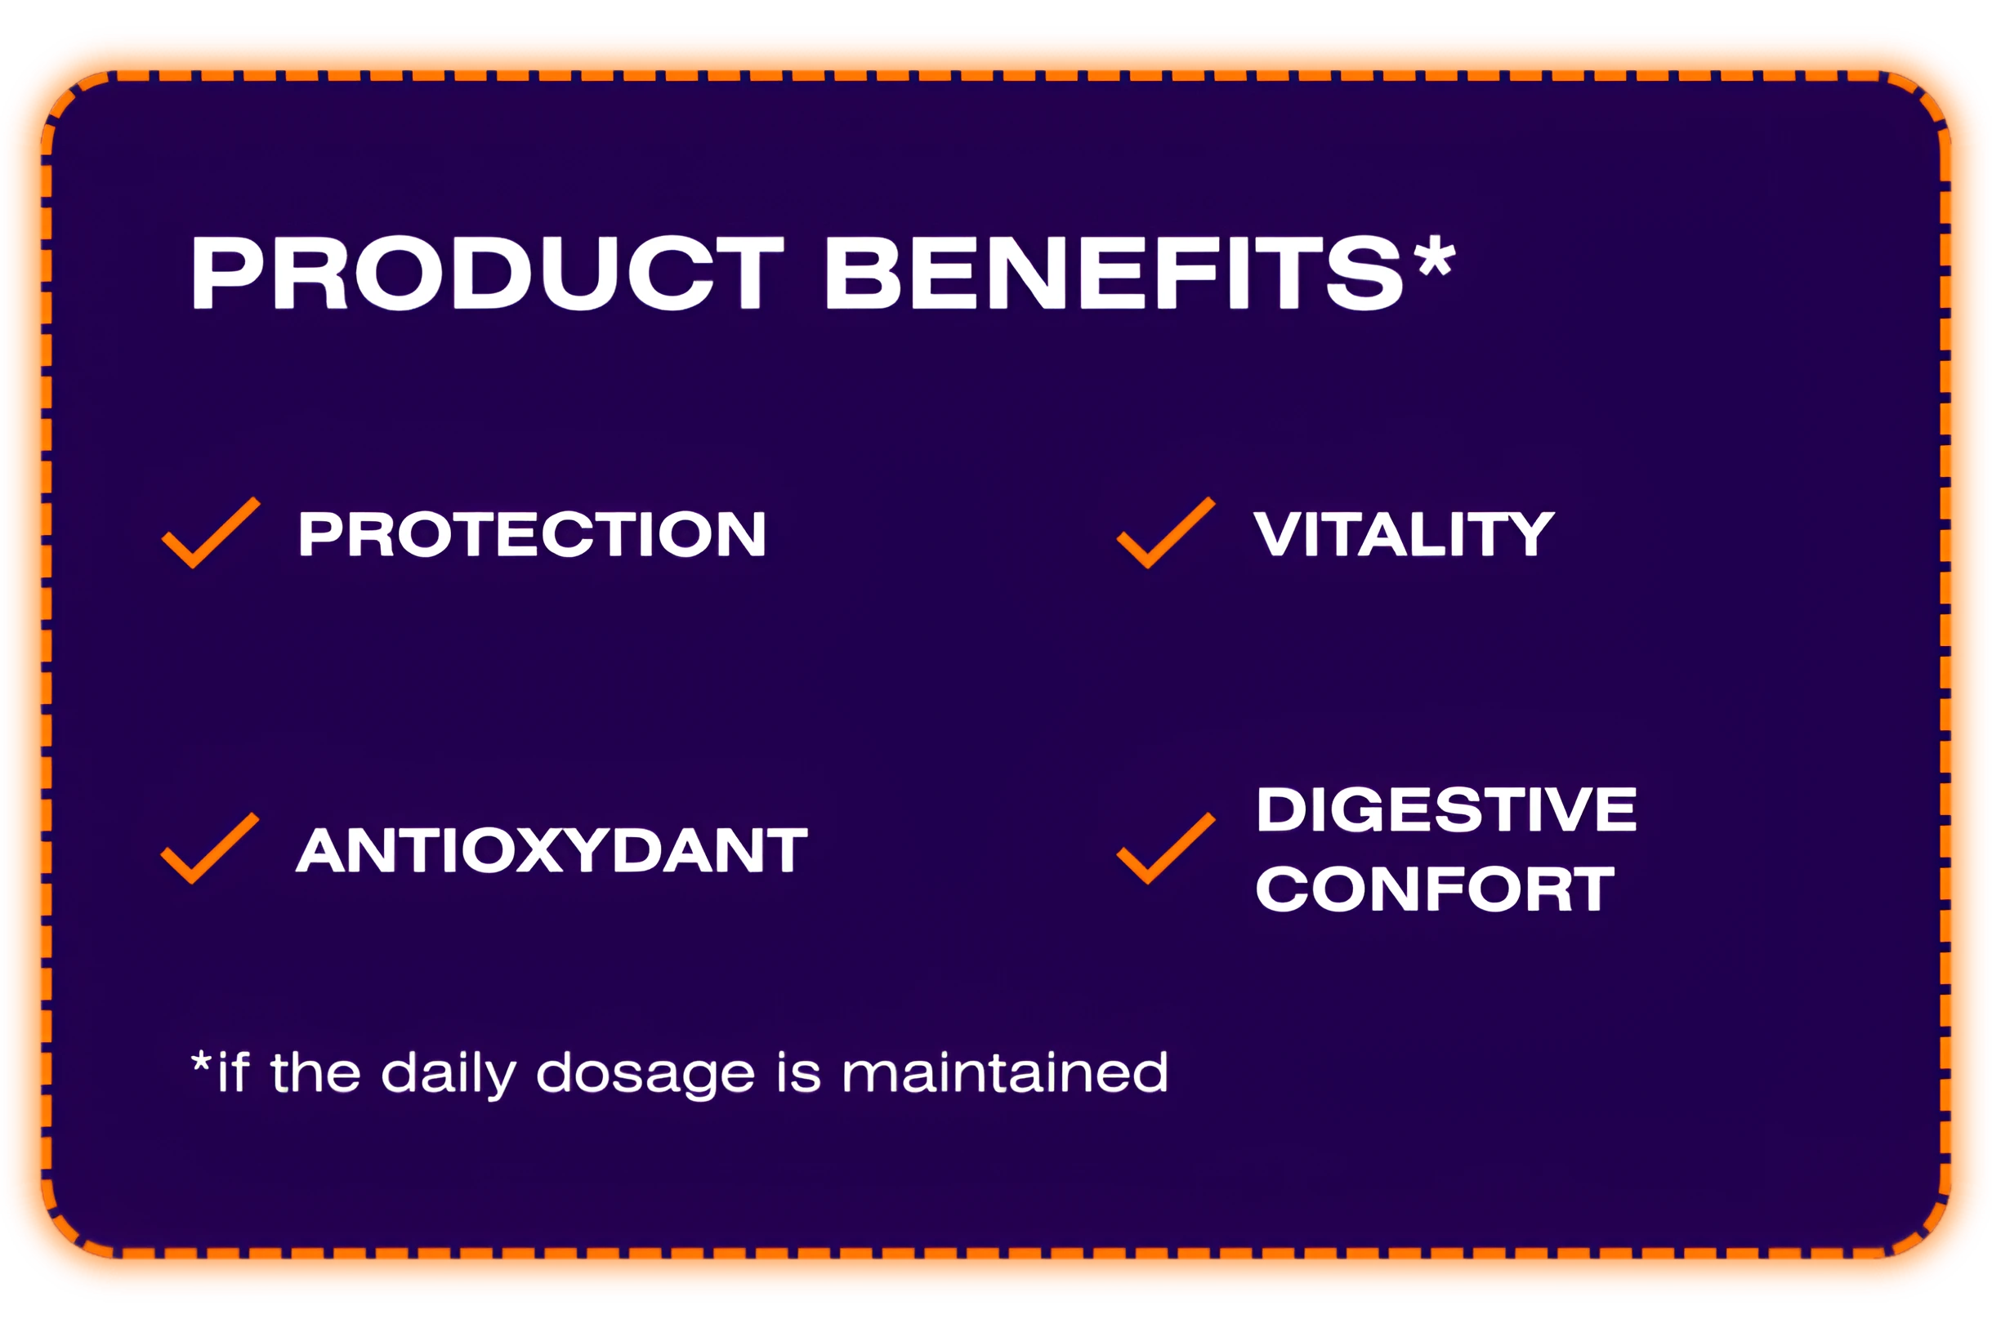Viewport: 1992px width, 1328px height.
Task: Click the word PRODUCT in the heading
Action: pos(488,272)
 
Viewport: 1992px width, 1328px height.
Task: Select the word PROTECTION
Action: pos(532,534)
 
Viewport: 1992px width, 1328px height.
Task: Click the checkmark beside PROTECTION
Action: pos(211,533)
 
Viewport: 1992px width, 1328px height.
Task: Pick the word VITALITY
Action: pos(1403,534)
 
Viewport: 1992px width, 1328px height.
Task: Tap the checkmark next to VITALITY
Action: pos(1166,533)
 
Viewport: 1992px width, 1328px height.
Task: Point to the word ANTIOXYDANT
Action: pos(552,850)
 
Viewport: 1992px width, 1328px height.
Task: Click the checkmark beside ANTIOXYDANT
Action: pos(210,848)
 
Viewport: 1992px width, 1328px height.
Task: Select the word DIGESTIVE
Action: pos(1446,809)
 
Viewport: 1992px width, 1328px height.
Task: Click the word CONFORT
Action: pos(1436,889)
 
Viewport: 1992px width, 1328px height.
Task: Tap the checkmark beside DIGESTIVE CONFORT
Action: pos(1166,848)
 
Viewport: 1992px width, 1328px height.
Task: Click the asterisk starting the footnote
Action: pos(201,1061)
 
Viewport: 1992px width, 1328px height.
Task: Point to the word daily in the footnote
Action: pos(449,1074)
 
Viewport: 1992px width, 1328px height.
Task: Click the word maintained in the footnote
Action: pos(1005,1072)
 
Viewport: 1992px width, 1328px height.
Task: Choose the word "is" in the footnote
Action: pos(799,1072)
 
